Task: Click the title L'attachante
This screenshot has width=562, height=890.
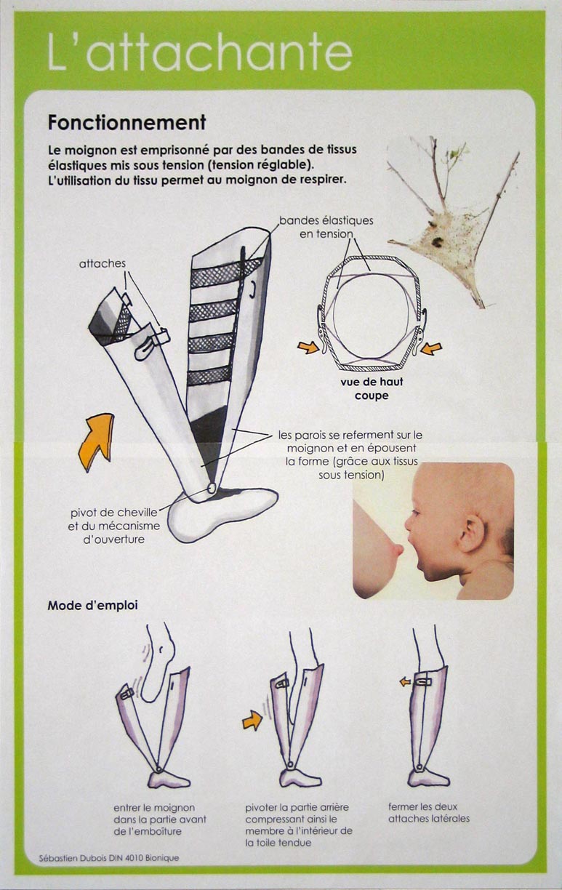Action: pyautogui.click(x=200, y=52)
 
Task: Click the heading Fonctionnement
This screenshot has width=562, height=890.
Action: pyautogui.click(x=127, y=122)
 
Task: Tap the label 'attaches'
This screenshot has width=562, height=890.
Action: pyautogui.click(x=102, y=263)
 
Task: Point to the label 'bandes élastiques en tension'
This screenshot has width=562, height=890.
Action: pyautogui.click(x=326, y=227)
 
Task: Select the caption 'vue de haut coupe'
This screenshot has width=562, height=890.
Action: pyautogui.click(x=372, y=388)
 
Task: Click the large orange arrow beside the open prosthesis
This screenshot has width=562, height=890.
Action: pyautogui.click(x=97, y=440)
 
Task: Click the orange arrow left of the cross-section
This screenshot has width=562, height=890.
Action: pyautogui.click(x=308, y=348)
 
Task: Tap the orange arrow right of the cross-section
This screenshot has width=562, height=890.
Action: pyautogui.click(x=431, y=349)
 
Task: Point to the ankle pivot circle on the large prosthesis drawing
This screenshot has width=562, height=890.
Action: pyautogui.click(x=212, y=488)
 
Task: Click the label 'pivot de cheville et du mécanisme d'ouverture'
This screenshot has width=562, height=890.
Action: pyautogui.click(x=114, y=526)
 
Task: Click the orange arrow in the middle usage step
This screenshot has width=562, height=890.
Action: pyautogui.click(x=252, y=720)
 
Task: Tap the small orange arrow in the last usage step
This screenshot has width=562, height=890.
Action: pyautogui.click(x=405, y=681)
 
